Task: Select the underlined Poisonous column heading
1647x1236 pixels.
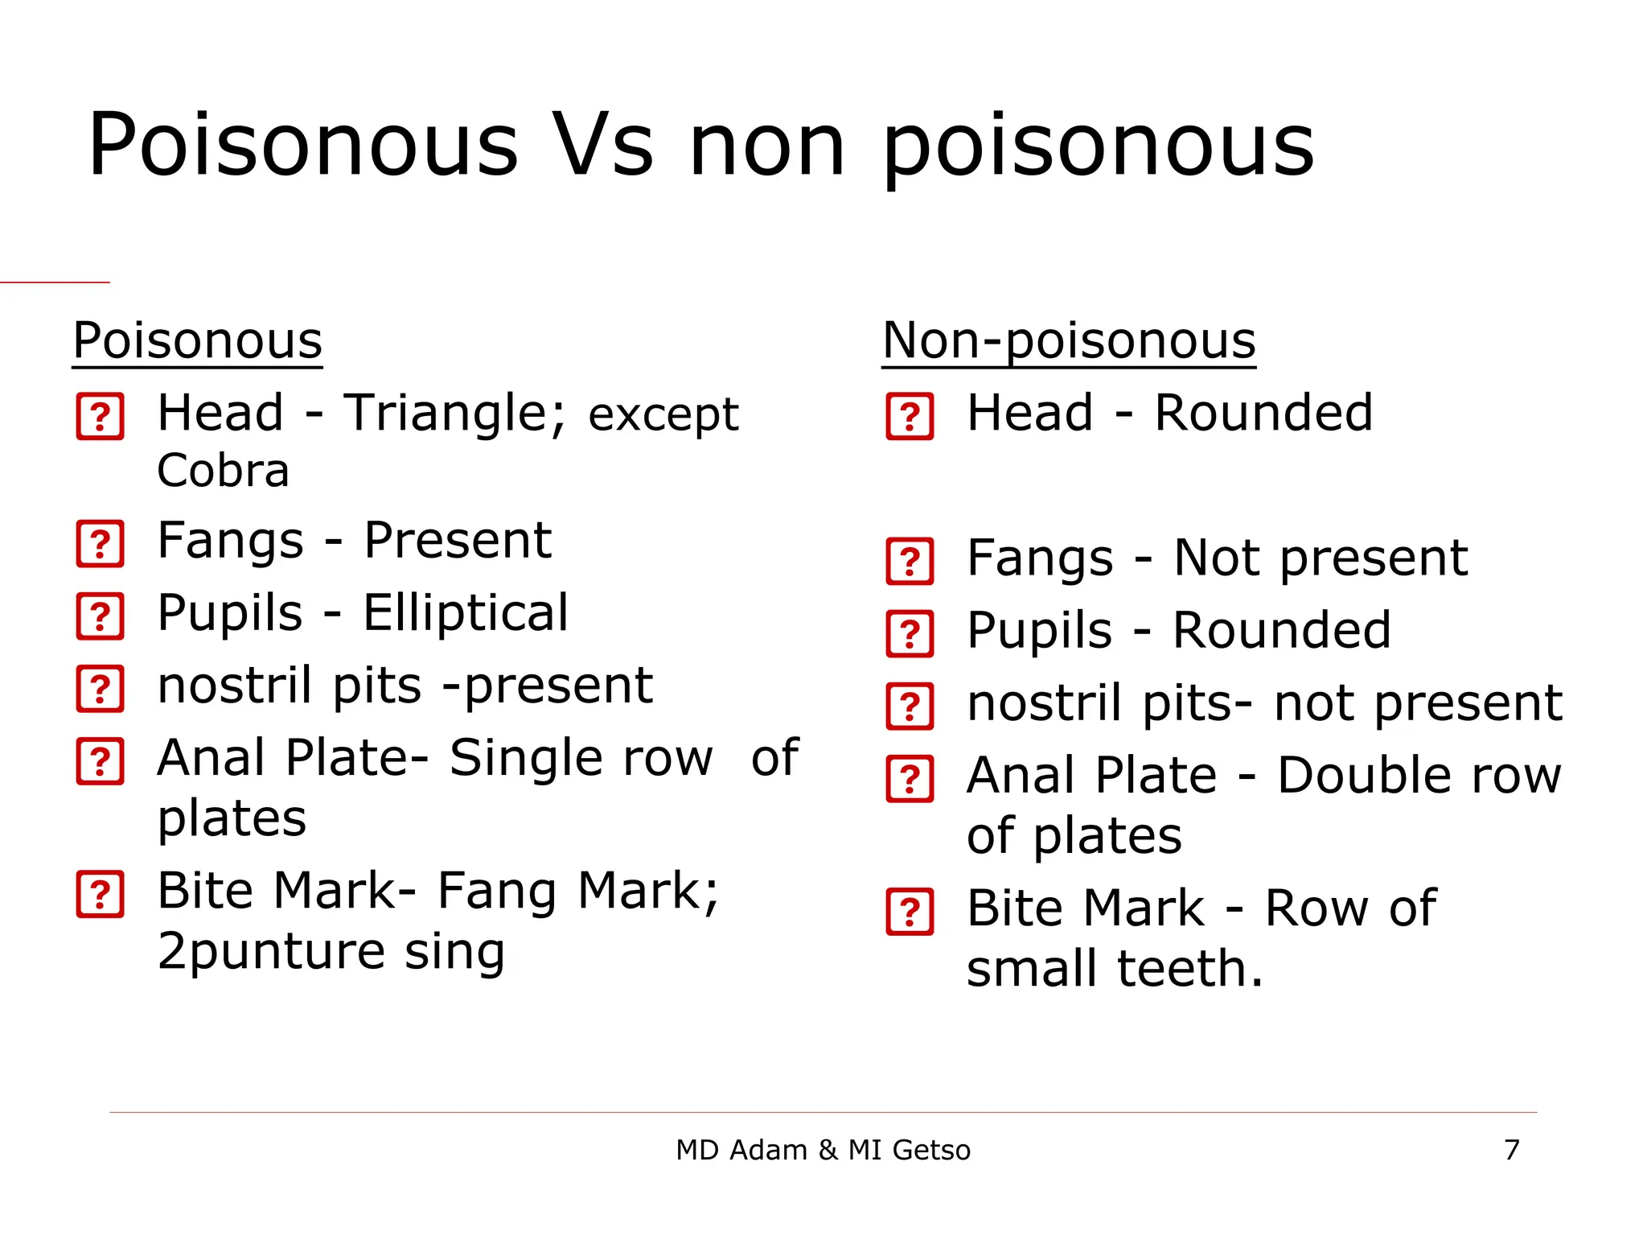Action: [197, 340]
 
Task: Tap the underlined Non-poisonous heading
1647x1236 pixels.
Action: [1069, 340]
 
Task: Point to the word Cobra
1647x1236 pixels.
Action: [223, 471]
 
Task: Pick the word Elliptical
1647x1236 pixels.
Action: [466, 612]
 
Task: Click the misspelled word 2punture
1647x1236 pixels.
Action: [271, 951]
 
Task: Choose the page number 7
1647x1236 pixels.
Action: [1512, 1150]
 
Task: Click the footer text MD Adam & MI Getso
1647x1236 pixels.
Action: [823, 1150]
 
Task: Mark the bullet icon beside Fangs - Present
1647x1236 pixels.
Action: [101, 544]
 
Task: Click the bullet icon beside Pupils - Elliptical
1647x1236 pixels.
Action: [101, 616]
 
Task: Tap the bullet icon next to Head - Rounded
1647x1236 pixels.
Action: [910, 417]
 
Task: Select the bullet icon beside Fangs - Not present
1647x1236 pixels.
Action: [910, 561]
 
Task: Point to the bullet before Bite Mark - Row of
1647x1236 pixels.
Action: [910, 912]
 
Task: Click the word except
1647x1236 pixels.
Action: [663, 415]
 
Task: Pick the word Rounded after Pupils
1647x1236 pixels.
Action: [1282, 630]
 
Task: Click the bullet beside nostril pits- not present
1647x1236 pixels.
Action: [910, 706]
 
